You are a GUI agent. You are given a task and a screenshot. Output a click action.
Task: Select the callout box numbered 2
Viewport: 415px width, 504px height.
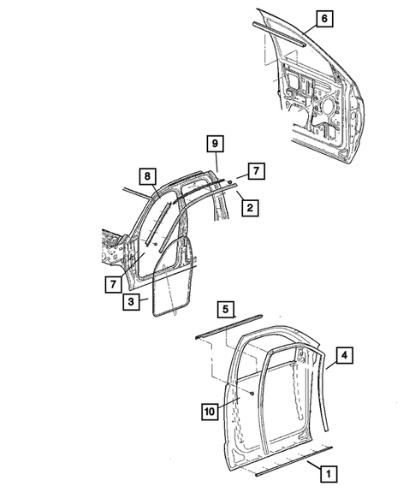pyautogui.click(x=247, y=206)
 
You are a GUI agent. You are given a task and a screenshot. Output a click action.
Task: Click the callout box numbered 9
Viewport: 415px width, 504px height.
pyautogui.click(x=216, y=145)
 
